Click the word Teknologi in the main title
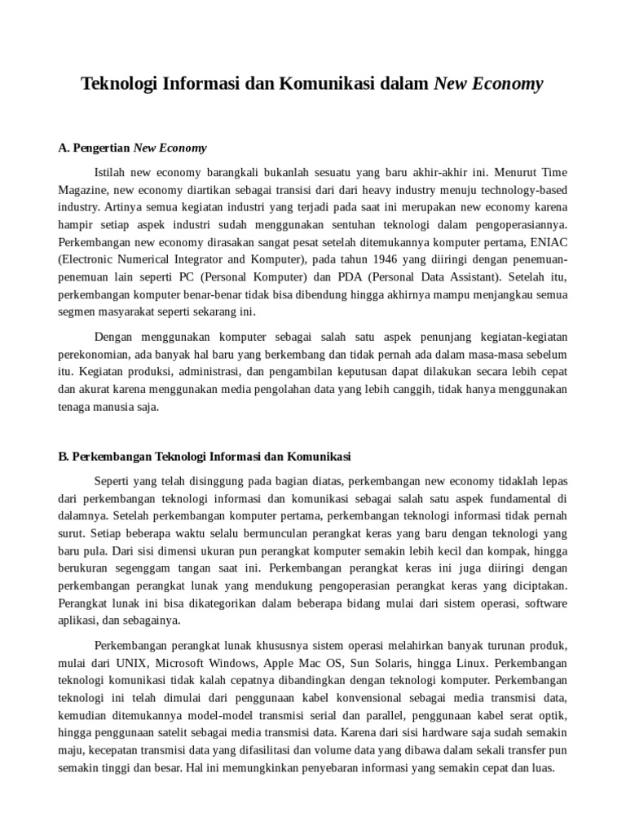click(117, 84)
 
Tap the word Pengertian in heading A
click(101, 148)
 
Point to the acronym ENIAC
click(546, 242)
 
